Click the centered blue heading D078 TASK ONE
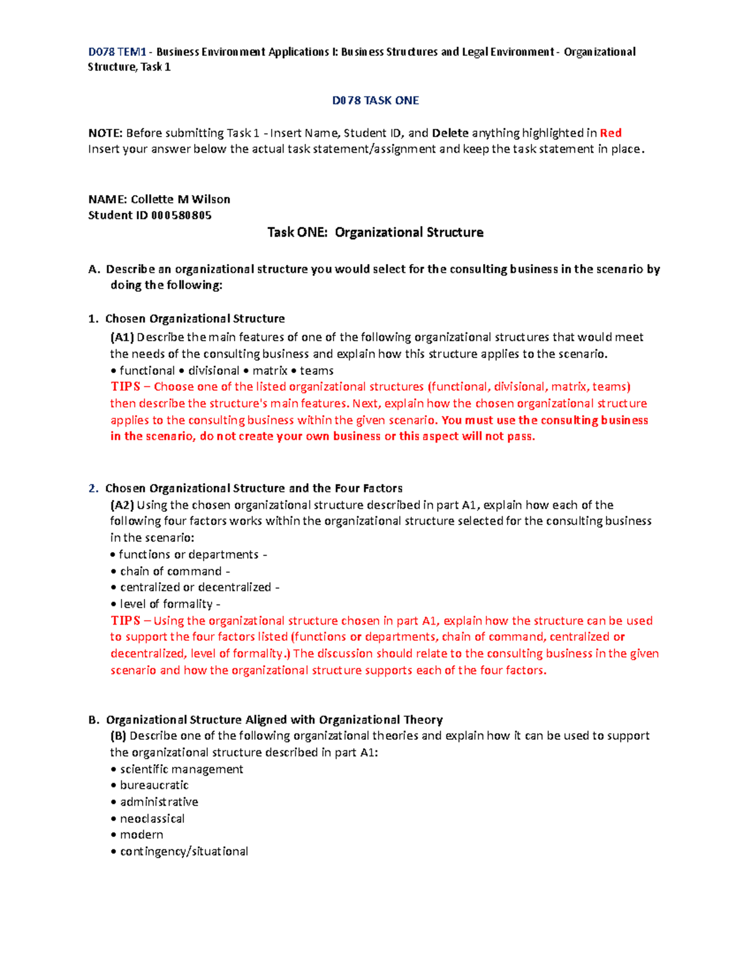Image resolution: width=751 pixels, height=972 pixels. coord(375,100)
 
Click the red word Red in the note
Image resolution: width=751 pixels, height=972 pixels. coord(610,133)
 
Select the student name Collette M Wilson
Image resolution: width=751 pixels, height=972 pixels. coord(180,199)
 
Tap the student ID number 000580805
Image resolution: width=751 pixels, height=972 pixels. coord(181,215)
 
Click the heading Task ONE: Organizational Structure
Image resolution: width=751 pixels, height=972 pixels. coord(375,232)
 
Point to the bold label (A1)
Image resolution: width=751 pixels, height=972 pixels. coord(122,337)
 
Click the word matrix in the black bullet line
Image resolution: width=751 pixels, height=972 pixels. coord(270,371)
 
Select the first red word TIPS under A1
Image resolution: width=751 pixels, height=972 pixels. coord(125,387)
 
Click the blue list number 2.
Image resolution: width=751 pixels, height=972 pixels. coord(93,488)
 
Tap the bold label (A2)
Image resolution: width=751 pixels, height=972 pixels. coord(122,505)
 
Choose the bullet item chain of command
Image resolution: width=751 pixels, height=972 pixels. coord(171,571)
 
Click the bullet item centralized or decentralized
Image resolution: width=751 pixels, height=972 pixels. coord(195,587)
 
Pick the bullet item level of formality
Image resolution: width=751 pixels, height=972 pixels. coord(166,604)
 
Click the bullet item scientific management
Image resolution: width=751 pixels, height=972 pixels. coord(181,769)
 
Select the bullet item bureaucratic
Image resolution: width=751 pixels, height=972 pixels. coord(154,785)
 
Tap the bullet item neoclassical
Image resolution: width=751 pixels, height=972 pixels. coord(152,819)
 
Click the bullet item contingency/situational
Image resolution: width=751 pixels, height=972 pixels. coord(184,851)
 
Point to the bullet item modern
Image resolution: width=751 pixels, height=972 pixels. coord(141,835)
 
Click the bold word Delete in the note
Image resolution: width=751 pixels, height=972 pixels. coord(450,133)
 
